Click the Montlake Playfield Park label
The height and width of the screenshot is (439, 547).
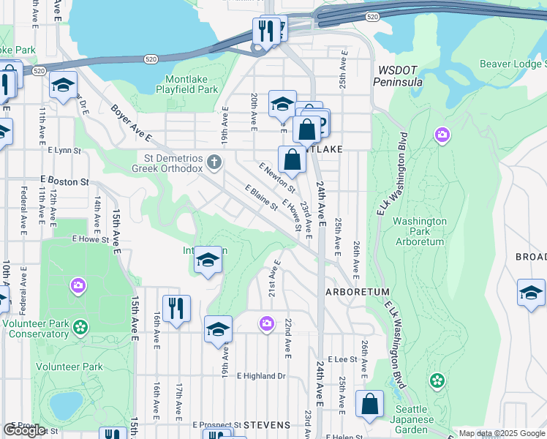[186, 83]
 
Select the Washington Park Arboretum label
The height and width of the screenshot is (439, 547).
[420, 230]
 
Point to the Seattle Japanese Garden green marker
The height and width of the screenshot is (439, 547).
[437, 380]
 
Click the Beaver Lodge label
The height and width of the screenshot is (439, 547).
[512, 64]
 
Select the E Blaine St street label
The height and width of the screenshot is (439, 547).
[261, 196]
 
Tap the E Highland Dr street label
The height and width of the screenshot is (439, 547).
[260, 376]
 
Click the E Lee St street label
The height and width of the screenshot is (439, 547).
[342, 359]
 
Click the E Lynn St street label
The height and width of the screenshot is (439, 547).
[63, 150]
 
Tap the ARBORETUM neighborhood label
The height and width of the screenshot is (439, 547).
[357, 291]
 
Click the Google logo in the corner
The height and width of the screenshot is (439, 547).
[24, 430]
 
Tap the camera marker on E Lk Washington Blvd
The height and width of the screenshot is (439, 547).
[442, 135]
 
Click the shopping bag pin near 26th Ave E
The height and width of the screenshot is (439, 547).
[369, 405]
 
